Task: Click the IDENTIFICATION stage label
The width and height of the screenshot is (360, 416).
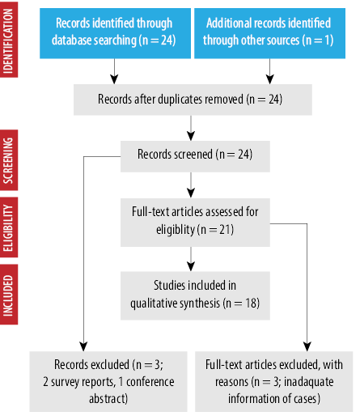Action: (x=9, y=40)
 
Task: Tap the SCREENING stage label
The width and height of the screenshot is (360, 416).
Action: (x=9, y=160)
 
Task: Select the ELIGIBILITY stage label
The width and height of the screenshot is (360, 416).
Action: (x=9, y=227)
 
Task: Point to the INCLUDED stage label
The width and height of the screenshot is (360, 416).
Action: (x=9, y=295)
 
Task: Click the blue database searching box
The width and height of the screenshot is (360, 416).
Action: (x=115, y=33)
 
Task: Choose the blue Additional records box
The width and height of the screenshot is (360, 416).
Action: (x=269, y=33)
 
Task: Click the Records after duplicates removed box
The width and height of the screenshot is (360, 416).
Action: (x=193, y=100)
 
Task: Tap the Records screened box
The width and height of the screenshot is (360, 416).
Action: (x=195, y=156)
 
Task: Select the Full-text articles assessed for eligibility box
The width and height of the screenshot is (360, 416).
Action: (x=195, y=223)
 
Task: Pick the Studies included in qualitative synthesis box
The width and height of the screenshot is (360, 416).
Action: (x=195, y=295)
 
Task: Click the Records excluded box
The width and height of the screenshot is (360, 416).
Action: (x=108, y=381)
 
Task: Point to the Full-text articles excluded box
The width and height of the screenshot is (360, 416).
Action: (x=273, y=381)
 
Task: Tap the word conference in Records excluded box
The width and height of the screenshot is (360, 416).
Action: (x=150, y=382)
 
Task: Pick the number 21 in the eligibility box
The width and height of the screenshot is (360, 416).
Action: (x=225, y=230)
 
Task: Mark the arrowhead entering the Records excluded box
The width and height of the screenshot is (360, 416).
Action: (x=83, y=346)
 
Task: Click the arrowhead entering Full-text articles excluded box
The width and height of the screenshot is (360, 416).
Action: (x=307, y=346)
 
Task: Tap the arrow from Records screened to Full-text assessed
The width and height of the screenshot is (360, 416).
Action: (x=191, y=185)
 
